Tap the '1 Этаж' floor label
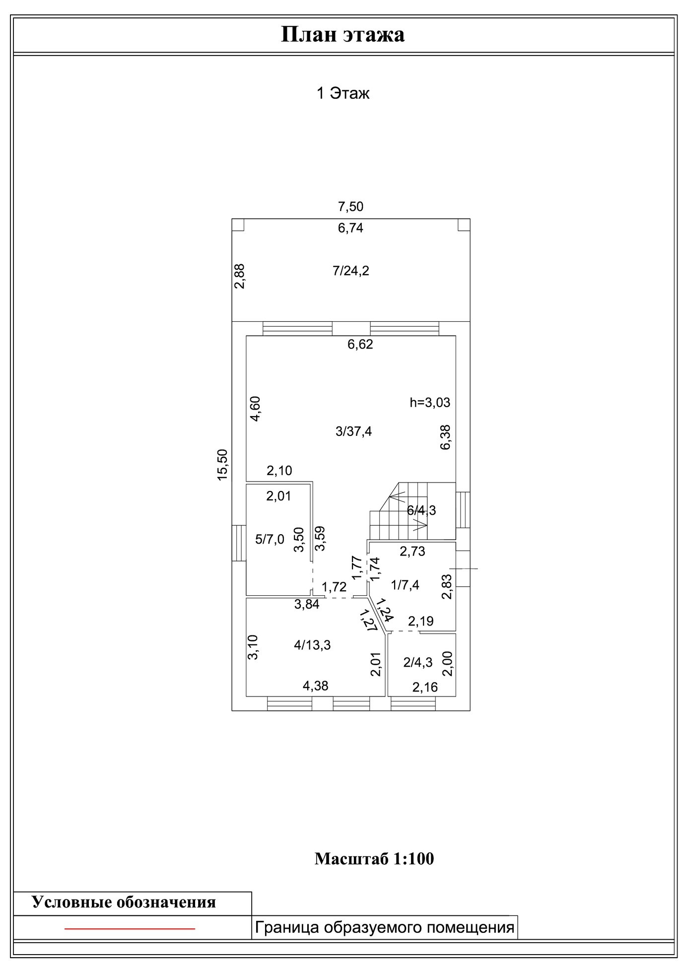click(x=343, y=93)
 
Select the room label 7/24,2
click(x=351, y=271)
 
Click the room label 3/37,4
click(x=353, y=431)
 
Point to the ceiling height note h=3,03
click(x=430, y=402)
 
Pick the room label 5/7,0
click(x=270, y=540)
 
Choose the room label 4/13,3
click(x=312, y=645)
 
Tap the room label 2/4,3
click(x=418, y=662)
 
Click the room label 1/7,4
click(x=405, y=585)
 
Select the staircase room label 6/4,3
click(x=421, y=510)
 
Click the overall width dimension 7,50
click(x=350, y=207)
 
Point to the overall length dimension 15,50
click(x=222, y=464)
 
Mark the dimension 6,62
click(x=360, y=345)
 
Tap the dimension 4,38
click(x=316, y=686)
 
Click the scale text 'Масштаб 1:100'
click(x=374, y=859)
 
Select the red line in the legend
click(x=130, y=928)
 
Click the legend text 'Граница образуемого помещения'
click(x=384, y=927)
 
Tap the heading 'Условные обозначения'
click(x=124, y=902)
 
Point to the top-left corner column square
click(x=238, y=225)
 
